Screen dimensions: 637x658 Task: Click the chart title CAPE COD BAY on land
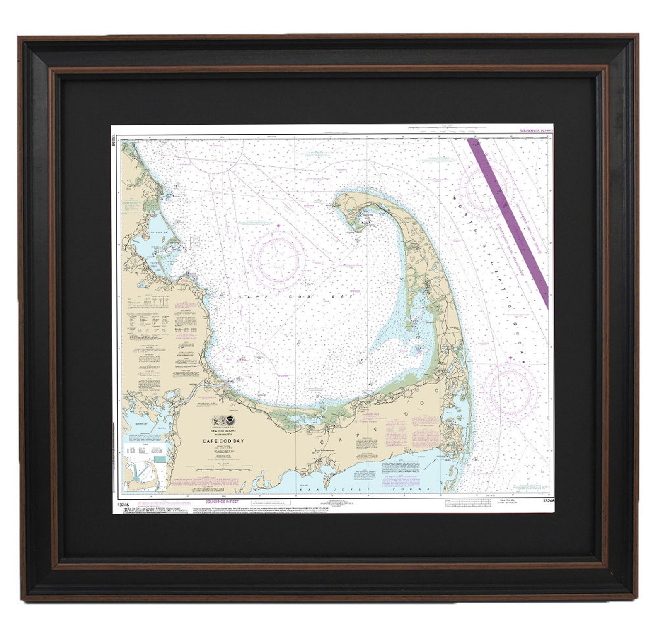coord(223,441)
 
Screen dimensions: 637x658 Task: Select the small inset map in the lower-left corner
coord(145,466)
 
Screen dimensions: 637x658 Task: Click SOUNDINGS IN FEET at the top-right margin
coord(536,131)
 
